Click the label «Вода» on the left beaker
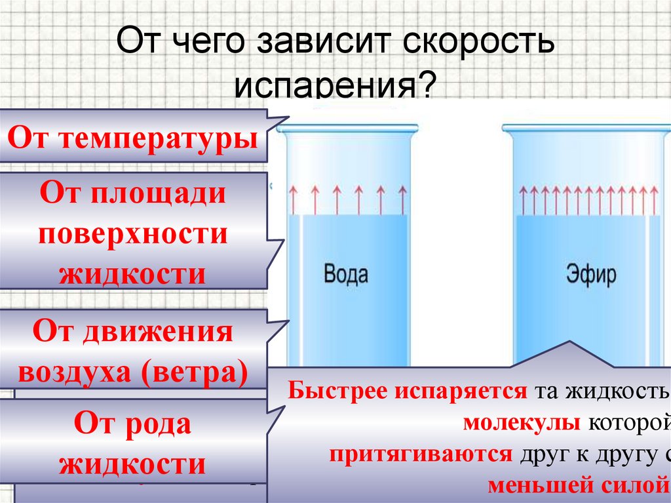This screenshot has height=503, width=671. click(x=346, y=273)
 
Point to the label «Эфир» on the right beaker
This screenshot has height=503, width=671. click(x=591, y=275)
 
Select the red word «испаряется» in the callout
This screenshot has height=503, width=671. click(x=462, y=392)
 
